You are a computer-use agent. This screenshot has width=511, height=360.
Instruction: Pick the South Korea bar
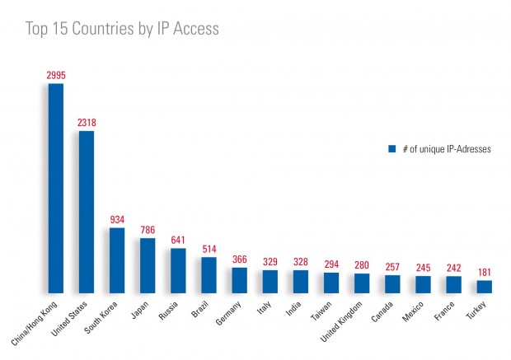tap(117, 260)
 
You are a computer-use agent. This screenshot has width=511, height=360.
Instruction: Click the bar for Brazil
tap(209, 275)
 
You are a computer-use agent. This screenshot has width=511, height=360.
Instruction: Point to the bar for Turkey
tap(484, 287)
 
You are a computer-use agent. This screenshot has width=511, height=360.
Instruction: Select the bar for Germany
tap(239, 280)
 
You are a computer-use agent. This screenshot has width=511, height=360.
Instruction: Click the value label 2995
tap(56, 75)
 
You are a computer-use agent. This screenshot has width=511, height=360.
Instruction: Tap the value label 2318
tap(87, 123)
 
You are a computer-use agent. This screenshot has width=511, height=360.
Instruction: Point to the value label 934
tap(117, 220)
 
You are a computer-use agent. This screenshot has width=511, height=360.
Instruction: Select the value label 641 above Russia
tap(178, 241)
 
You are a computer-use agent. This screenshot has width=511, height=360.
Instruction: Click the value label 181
tap(484, 273)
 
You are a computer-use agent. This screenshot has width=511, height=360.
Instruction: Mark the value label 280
tap(362, 265)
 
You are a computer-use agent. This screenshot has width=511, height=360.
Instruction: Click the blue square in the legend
tap(391, 150)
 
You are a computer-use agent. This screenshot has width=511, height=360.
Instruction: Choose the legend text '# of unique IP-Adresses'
tap(445, 150)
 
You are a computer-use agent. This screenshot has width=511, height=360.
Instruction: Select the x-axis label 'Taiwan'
tap(322, 309)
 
